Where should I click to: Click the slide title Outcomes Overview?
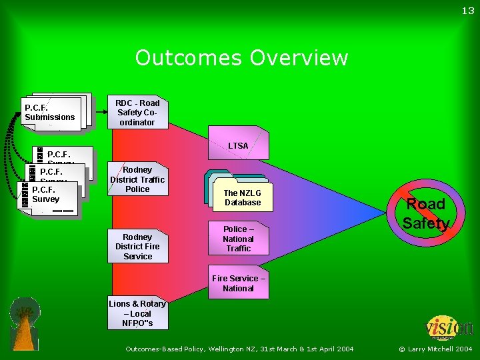(x=241, y=58)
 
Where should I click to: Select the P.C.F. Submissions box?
(x=52, y=113)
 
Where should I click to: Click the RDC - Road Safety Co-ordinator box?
(x=137, y=113)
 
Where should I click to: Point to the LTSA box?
(x=238, y=145)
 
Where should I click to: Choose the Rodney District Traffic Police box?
(x=137, y=179)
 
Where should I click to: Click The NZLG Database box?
(x=242, y=197)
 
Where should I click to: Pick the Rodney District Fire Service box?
(x=137, y=247)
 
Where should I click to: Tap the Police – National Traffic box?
(x=238, y=239)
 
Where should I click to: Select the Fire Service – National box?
(x=238, y=283)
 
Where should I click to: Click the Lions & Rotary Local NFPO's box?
(x=137, y=313)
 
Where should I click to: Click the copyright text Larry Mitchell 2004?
(x=435, y=349)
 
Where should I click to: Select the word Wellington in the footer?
(x=229, y=349)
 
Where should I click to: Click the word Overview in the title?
(x=299, y=58)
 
